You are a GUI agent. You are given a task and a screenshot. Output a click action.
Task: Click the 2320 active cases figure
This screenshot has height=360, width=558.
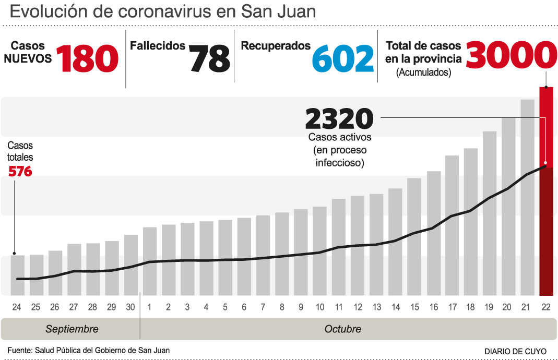pyautogui.click(x=339, y=119)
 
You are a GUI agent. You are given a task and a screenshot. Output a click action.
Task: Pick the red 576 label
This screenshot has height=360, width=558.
pyautogui.click(x=20, y=171)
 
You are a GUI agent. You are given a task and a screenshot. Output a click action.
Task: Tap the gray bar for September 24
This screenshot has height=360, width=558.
pyautogui.click(x=17, y=275)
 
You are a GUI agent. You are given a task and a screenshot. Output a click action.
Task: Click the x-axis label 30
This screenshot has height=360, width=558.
pyautogui.click(x=130, y=307)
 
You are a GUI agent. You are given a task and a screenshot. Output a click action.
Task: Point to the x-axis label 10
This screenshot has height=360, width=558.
pyautogui.click(x=319, y=307)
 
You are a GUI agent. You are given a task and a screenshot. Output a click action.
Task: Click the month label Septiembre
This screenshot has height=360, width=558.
pyautogui.click(x=72, y=329)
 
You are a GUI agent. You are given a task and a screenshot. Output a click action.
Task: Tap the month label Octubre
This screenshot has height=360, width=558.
pyautogui.click(x=342, y=329)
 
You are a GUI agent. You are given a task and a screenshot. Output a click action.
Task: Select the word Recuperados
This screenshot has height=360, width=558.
pyautogui.click(x=276, y=46)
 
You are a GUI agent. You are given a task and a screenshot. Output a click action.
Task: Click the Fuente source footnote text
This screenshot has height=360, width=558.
pyautogui.click(x=88, y=350)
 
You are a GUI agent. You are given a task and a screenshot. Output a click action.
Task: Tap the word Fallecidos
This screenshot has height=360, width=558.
pyautogui.click(x=158, y=46)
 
